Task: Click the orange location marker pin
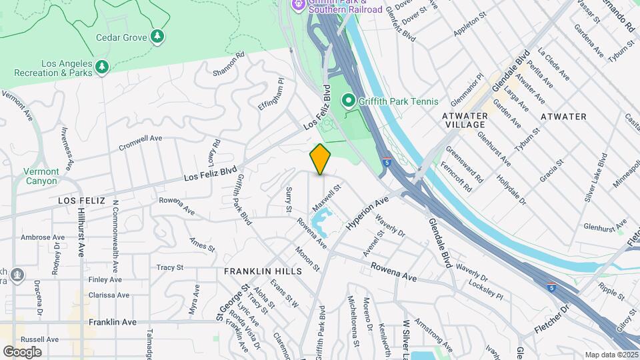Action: (x=321, y=159)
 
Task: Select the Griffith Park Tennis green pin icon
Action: (x=348, y=101)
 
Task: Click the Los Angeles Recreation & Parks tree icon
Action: (x=101, y=67)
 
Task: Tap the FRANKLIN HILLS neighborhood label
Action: (x=263, y=271)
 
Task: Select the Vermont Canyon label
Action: (x=41, y=176)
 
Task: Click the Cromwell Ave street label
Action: (x=140, y=143)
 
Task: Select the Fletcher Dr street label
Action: (x=553, y=322)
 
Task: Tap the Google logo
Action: (x=22, y=351)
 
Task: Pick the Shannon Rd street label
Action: (x=229, y=63)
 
